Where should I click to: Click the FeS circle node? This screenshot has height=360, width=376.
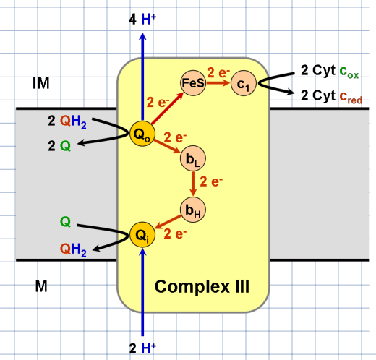(193, 83)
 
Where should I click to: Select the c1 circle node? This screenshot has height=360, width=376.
(245, 84)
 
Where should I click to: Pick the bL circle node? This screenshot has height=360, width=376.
(193, 162)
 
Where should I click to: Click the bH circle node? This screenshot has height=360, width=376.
(193, 210)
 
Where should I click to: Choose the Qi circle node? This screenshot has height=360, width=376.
(142, 235)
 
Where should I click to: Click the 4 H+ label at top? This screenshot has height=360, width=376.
(142, 21)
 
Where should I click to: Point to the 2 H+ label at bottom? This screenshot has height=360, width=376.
(142, 348)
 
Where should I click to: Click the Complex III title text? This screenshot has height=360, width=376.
(202, 288)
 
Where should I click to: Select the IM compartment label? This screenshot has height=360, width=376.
(41, 84)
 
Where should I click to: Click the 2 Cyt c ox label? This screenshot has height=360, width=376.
(330, 73)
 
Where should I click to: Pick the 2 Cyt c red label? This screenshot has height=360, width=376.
(330, 95)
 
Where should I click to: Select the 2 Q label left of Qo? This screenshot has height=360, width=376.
(60, 146)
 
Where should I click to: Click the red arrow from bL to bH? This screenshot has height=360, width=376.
(193, 186)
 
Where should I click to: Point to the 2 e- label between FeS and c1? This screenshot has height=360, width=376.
(218, 72)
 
